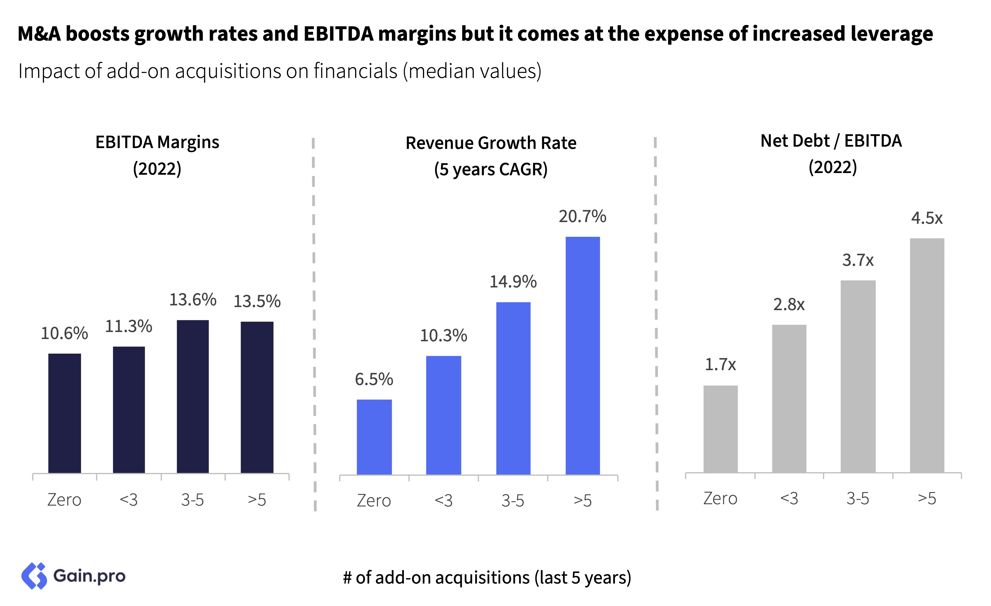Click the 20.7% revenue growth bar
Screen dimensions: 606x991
[x=582, y=356]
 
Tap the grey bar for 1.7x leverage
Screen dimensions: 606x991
[x=720, y=429]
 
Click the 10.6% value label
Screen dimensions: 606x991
[x=64, y=333]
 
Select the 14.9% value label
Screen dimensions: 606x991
[x=513, y=282]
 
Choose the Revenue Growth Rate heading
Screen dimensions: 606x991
[x=491, y=143]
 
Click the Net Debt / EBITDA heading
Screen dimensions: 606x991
[x=831, y=141]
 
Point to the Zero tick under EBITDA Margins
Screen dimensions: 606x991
[x=64, y=500]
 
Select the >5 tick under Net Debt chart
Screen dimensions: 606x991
[x=927, y=499]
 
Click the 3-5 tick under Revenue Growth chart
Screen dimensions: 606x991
[x=513, y=501]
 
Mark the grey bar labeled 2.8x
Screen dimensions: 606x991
[x=789, y=398]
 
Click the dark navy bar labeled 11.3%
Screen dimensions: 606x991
[x=129, y=409]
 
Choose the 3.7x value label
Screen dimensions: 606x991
[x=858, y=261]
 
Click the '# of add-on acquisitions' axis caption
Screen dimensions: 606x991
[x=487, y=577]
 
